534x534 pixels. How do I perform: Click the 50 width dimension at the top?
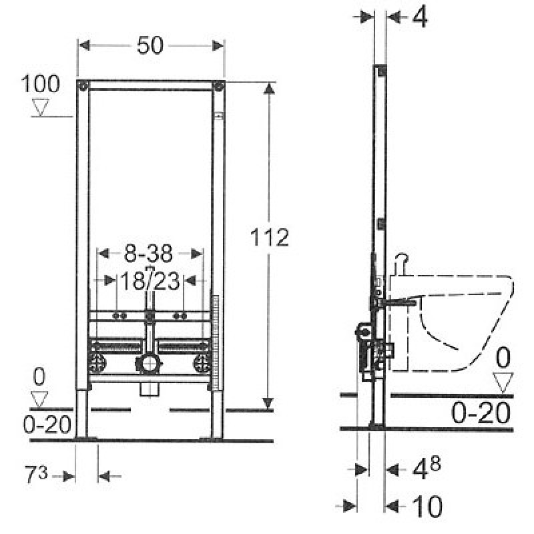coord(151,45)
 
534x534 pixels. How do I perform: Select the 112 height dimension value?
coord(270,237)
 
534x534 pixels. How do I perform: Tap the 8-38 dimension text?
coord(150,254)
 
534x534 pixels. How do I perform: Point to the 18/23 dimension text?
coord(150,281)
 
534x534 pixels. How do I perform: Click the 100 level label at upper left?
coord(41,84)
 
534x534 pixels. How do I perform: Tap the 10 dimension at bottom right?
coord(427,507)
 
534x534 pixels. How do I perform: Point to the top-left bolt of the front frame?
coord(83,85)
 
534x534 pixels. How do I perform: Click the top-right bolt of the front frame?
coord(218,85)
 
